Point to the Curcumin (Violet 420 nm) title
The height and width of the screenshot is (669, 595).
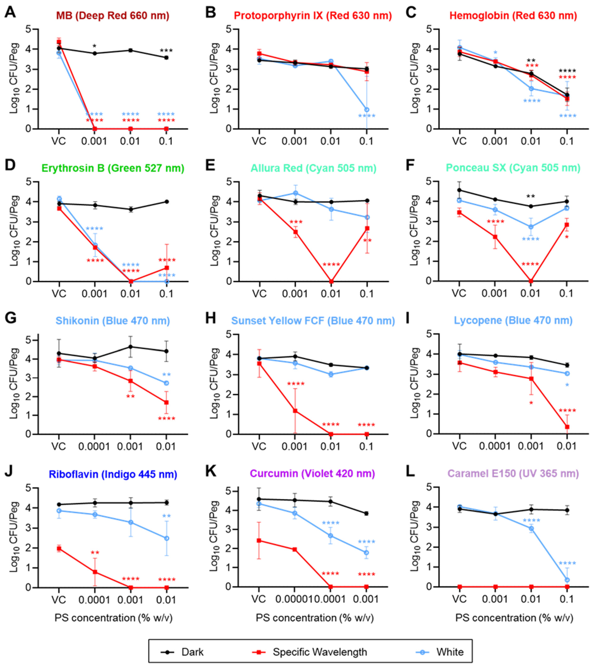313,474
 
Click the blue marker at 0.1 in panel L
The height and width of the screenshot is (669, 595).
567,580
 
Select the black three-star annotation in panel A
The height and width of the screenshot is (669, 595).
166,51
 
